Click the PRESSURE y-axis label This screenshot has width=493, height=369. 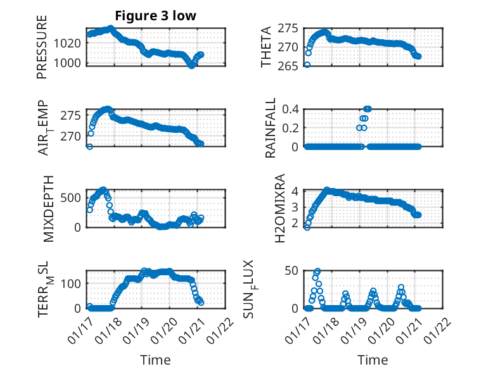pos(42,51)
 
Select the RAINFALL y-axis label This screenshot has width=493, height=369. pos(270,127)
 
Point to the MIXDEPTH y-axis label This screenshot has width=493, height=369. pos(49,208)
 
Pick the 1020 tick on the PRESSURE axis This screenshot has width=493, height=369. pos(67,43)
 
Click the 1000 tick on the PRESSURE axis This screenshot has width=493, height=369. pos(67,63)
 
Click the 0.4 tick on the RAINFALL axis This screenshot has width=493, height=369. pos(290,109)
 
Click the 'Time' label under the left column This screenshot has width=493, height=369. pos(155,360)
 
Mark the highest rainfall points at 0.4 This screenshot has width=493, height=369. pos(368,109)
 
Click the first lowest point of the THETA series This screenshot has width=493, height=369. pos(307,65)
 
